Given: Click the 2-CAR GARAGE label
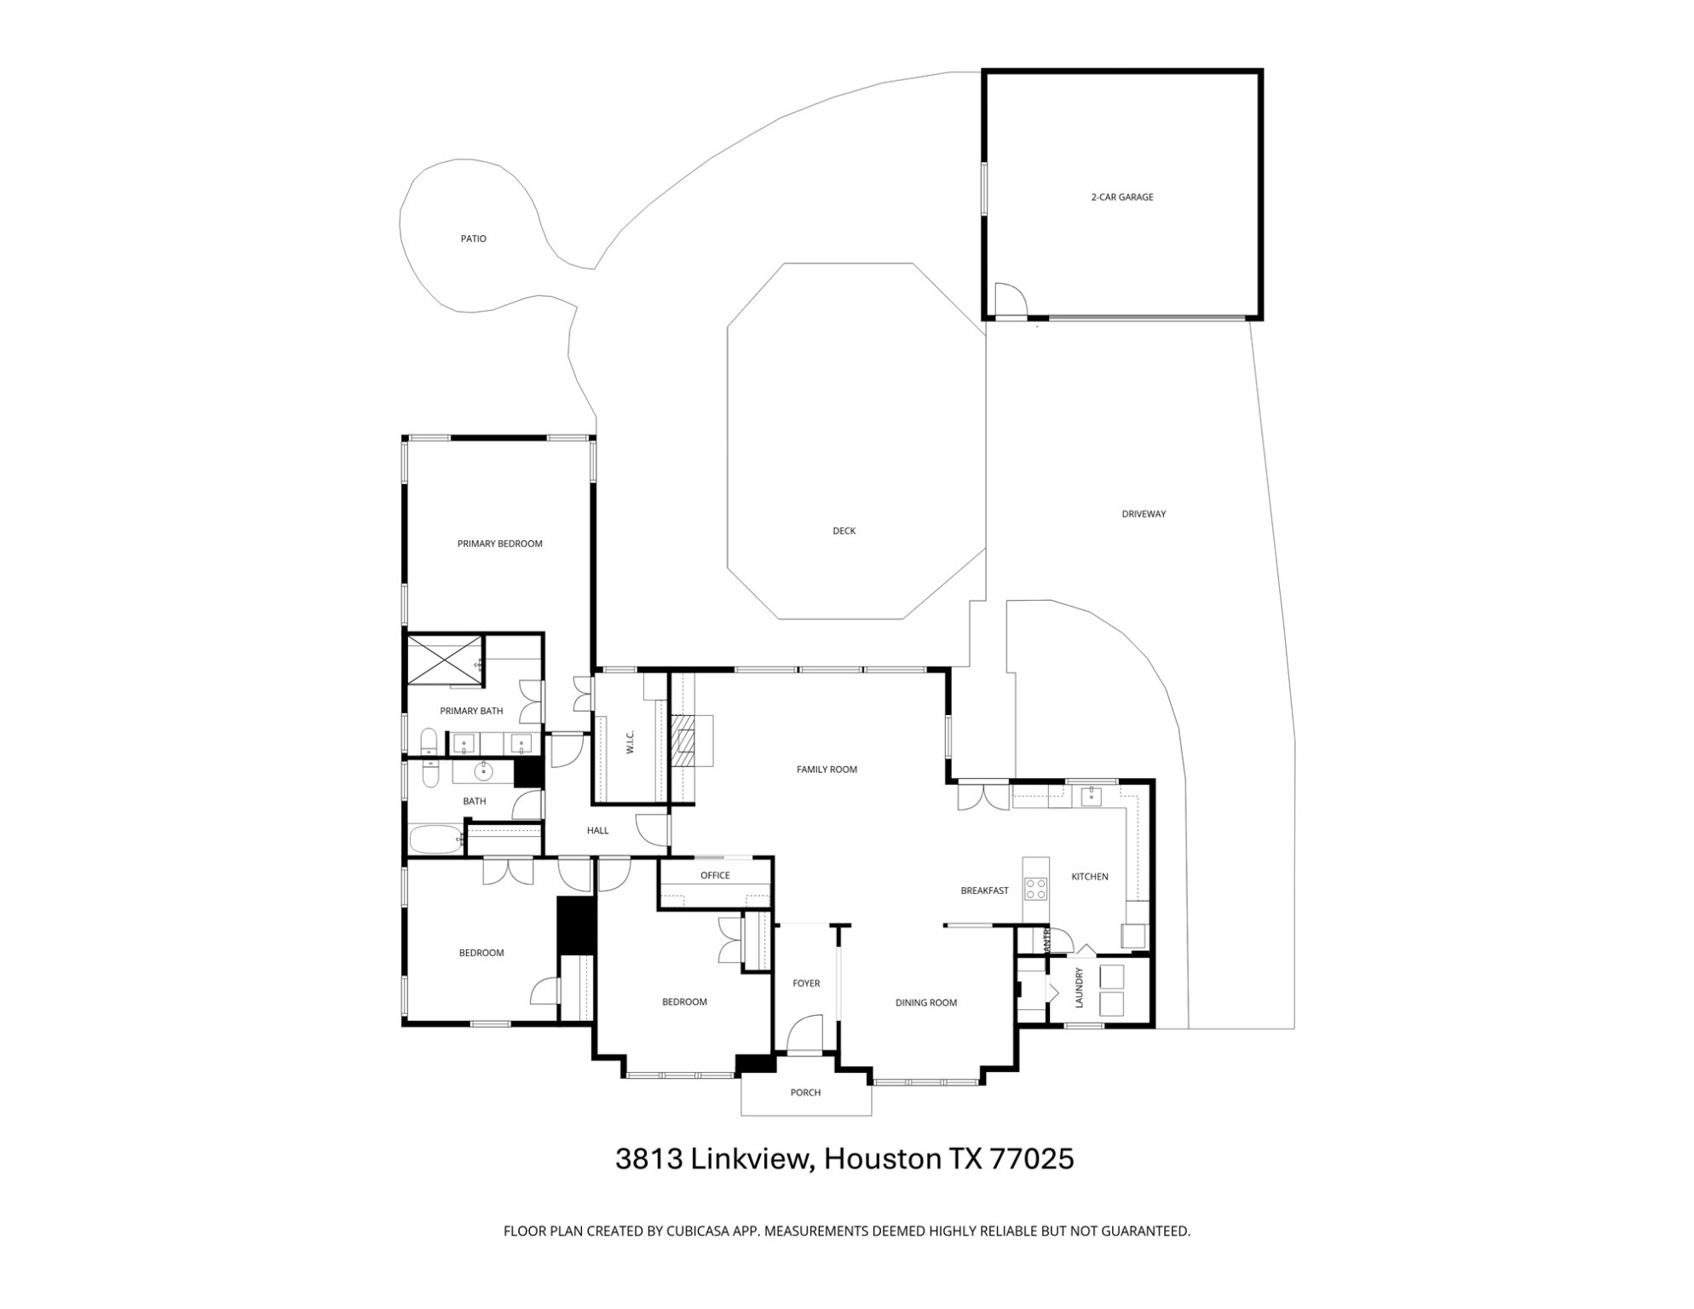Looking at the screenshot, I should [1121, 197].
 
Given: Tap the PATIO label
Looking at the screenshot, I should [473, 239].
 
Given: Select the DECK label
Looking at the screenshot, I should [844, 531].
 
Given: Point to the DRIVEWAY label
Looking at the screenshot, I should [1143, 514].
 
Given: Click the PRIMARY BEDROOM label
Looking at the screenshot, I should [499, 544].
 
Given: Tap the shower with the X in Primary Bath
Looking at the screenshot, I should [443, 660].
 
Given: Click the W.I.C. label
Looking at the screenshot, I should [630, 741].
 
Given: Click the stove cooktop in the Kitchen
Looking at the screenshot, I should [1035, 889].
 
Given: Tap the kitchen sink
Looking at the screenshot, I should [1091, 797].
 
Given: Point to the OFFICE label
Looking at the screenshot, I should [715, 875].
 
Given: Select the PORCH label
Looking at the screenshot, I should [805, 1093].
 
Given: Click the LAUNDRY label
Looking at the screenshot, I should [1079, 988].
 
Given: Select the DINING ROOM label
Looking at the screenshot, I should [925, 1003].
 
